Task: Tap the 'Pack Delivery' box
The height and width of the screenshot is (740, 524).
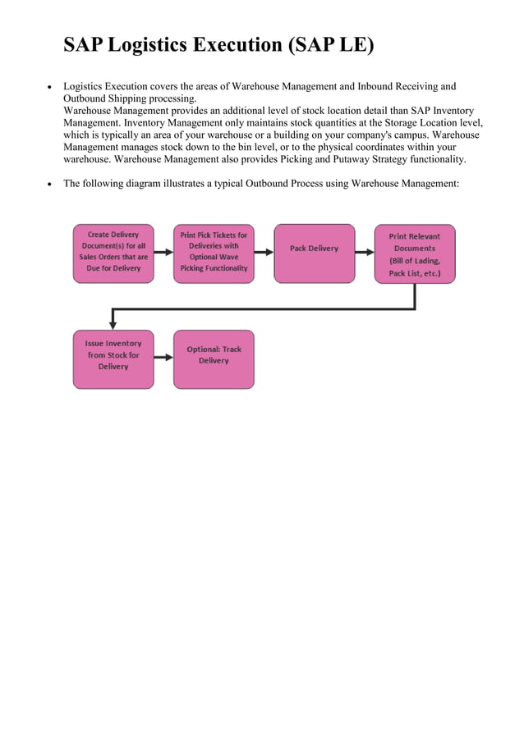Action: pos(314,253)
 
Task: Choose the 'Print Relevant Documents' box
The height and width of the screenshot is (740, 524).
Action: pos(415,254)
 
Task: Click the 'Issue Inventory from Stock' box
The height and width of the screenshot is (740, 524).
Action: pos(113,359)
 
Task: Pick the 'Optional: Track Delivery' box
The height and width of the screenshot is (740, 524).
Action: pos(214,359)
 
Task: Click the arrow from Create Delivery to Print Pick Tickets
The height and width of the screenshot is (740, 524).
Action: pos(163,250)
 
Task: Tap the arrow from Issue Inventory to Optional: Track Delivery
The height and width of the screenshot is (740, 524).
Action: pos(163,357)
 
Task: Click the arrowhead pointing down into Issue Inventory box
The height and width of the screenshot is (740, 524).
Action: pos(113,324)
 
